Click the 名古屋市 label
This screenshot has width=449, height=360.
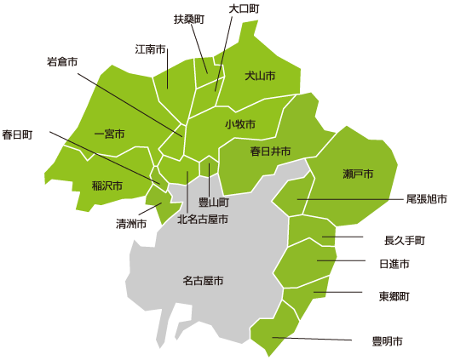tap(203, 280)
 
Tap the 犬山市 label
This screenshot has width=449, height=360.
tap(260, 77)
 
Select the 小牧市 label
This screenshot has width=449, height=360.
tap(240, 124)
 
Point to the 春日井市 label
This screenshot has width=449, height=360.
tap(270, 151)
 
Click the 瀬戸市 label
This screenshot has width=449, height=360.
tap(358, 174)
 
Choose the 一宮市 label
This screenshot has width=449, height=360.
tap(109, 134)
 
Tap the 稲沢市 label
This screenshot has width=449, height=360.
tap(107, 185)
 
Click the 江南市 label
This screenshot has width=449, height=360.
tap(150, 49)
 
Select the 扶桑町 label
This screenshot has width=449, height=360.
tap(189, 19)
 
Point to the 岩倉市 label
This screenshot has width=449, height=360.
tap(62, 61)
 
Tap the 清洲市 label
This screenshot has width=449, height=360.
tap(131, 224)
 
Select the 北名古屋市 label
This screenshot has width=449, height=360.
tap(202, 219)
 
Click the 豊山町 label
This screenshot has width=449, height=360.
tap(213, 203)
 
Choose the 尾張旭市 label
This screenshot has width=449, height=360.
tap(427, 199)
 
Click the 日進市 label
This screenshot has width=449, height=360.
tap(394, 265)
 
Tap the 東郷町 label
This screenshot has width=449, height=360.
tap(394, 297)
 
